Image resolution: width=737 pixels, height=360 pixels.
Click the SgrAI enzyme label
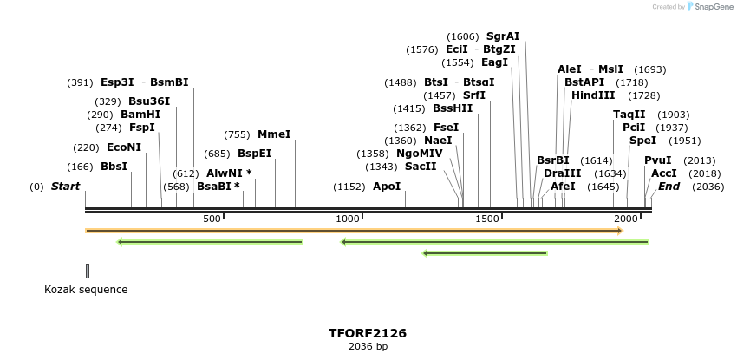(x=503, y=36)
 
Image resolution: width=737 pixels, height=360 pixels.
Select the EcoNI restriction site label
(x=124, y=147)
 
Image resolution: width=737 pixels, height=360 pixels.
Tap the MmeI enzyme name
(x=274, y=134)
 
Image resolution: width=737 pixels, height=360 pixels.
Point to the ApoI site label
(x=387, y=187)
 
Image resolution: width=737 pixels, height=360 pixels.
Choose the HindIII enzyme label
(x=593, y=95)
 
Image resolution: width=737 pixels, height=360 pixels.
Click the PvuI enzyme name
(x=657, y=160)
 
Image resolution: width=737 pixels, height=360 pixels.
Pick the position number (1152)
(x=349, y=187)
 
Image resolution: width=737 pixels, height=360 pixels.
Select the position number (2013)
(x=699, y=160)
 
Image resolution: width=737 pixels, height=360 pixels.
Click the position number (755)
(x=237, y=134)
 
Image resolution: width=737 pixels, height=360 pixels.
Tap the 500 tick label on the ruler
(x=212, y=219)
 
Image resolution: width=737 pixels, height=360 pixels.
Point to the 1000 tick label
(x=348, y=219)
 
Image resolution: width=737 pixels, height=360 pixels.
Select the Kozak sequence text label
(x=86, y=290)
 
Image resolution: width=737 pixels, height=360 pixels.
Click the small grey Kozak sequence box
(x=88, y=271)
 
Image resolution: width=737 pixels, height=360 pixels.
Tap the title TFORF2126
(x=368, y=333)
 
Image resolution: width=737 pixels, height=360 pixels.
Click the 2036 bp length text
(x=368, y=347)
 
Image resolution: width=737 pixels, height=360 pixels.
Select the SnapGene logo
(x=709, y=7)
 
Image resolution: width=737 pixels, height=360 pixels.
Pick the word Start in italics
(x=65, y=187)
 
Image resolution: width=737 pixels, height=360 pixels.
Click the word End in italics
(x=669, y=187)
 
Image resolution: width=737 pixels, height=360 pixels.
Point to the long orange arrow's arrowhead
(x=619, y=231)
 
